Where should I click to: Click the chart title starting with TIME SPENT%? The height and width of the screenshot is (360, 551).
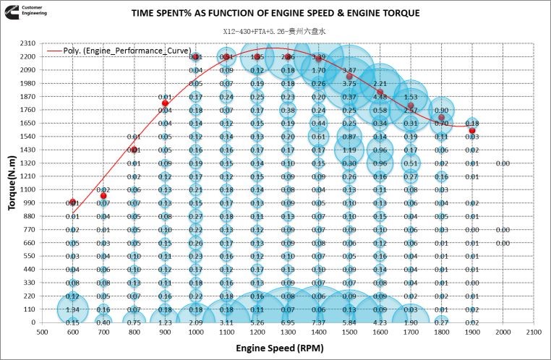[275, 13]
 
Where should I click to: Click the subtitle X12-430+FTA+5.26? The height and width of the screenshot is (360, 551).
[275, 32]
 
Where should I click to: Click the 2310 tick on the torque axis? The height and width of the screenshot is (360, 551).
[28, 43]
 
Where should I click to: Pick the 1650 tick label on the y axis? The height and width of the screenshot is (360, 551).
[28, 123]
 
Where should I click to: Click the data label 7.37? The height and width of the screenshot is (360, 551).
[318, 322]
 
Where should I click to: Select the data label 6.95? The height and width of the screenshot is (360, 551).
[288, 322]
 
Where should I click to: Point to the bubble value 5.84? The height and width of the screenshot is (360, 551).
[349, 322]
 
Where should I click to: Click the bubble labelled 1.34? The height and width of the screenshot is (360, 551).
[72, 309]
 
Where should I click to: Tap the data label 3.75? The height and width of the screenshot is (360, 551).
[349, 84]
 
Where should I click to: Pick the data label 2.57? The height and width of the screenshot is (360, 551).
[410, 110]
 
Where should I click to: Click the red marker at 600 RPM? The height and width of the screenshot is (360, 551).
[72, 202]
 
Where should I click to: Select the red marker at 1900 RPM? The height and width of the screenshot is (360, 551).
[472, 130]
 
